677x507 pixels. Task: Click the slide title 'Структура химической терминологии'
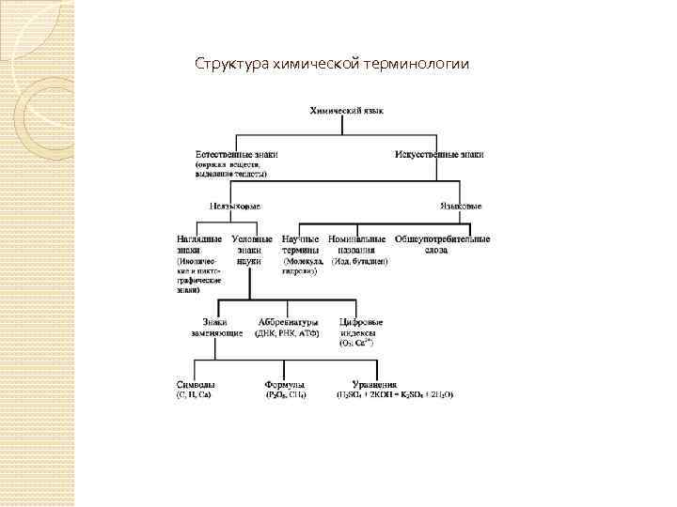click(x=331, y=65)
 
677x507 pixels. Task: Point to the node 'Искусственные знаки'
click(x=439, y=153)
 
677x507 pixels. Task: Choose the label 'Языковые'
click(x=462, y=206)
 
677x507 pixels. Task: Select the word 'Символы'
click(x=196, y=384)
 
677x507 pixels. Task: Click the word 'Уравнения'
click(x=374, y=384)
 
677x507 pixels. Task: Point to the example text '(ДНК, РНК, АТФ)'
click(x=288, y=333)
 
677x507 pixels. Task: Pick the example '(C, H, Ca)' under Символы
click(x=195, y=394)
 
